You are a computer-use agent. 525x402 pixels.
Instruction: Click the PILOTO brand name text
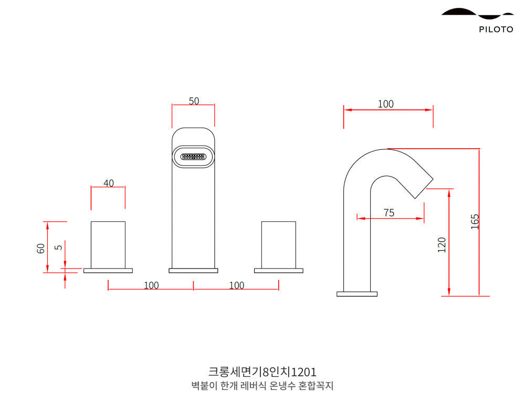click(496, 29)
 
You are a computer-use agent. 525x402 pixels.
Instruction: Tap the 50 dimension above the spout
click(194, 101)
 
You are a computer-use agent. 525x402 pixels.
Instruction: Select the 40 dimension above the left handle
click(108, 183)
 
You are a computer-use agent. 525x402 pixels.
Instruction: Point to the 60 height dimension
click(40, 248)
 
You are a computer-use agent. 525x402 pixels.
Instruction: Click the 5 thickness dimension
click(59, 245)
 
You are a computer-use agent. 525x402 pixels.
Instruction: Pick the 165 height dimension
click(475, 221)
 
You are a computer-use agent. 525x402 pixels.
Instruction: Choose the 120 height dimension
click(442, 244)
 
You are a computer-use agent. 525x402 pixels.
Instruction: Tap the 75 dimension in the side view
click(388, 212)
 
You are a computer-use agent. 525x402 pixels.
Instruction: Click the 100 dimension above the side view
click(385, 104)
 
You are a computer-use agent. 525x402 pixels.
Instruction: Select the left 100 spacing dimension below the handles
click(151, 285)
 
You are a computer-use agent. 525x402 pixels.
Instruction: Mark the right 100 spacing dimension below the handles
click(237, 285)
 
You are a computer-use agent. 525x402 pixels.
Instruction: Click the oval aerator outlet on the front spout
click(193, 157)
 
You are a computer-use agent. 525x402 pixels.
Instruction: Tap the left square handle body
click(108, 245)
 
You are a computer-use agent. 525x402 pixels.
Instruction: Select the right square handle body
click(278, 245)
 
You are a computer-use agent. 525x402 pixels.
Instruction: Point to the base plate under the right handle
click(278, 271)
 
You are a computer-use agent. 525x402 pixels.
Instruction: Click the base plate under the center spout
click(193, 271)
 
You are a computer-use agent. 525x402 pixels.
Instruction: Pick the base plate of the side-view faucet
click(357, 294)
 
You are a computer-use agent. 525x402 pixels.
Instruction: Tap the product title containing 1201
click(262, 372)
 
